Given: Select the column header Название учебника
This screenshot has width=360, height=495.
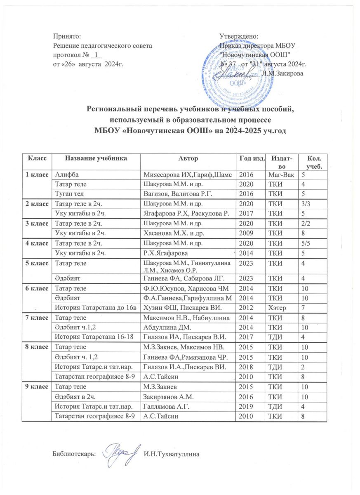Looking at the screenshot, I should coord(97,158).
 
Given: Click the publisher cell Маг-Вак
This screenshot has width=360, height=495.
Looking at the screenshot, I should coord(280,174).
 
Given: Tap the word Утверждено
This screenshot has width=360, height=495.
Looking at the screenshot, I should coord(239,37).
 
